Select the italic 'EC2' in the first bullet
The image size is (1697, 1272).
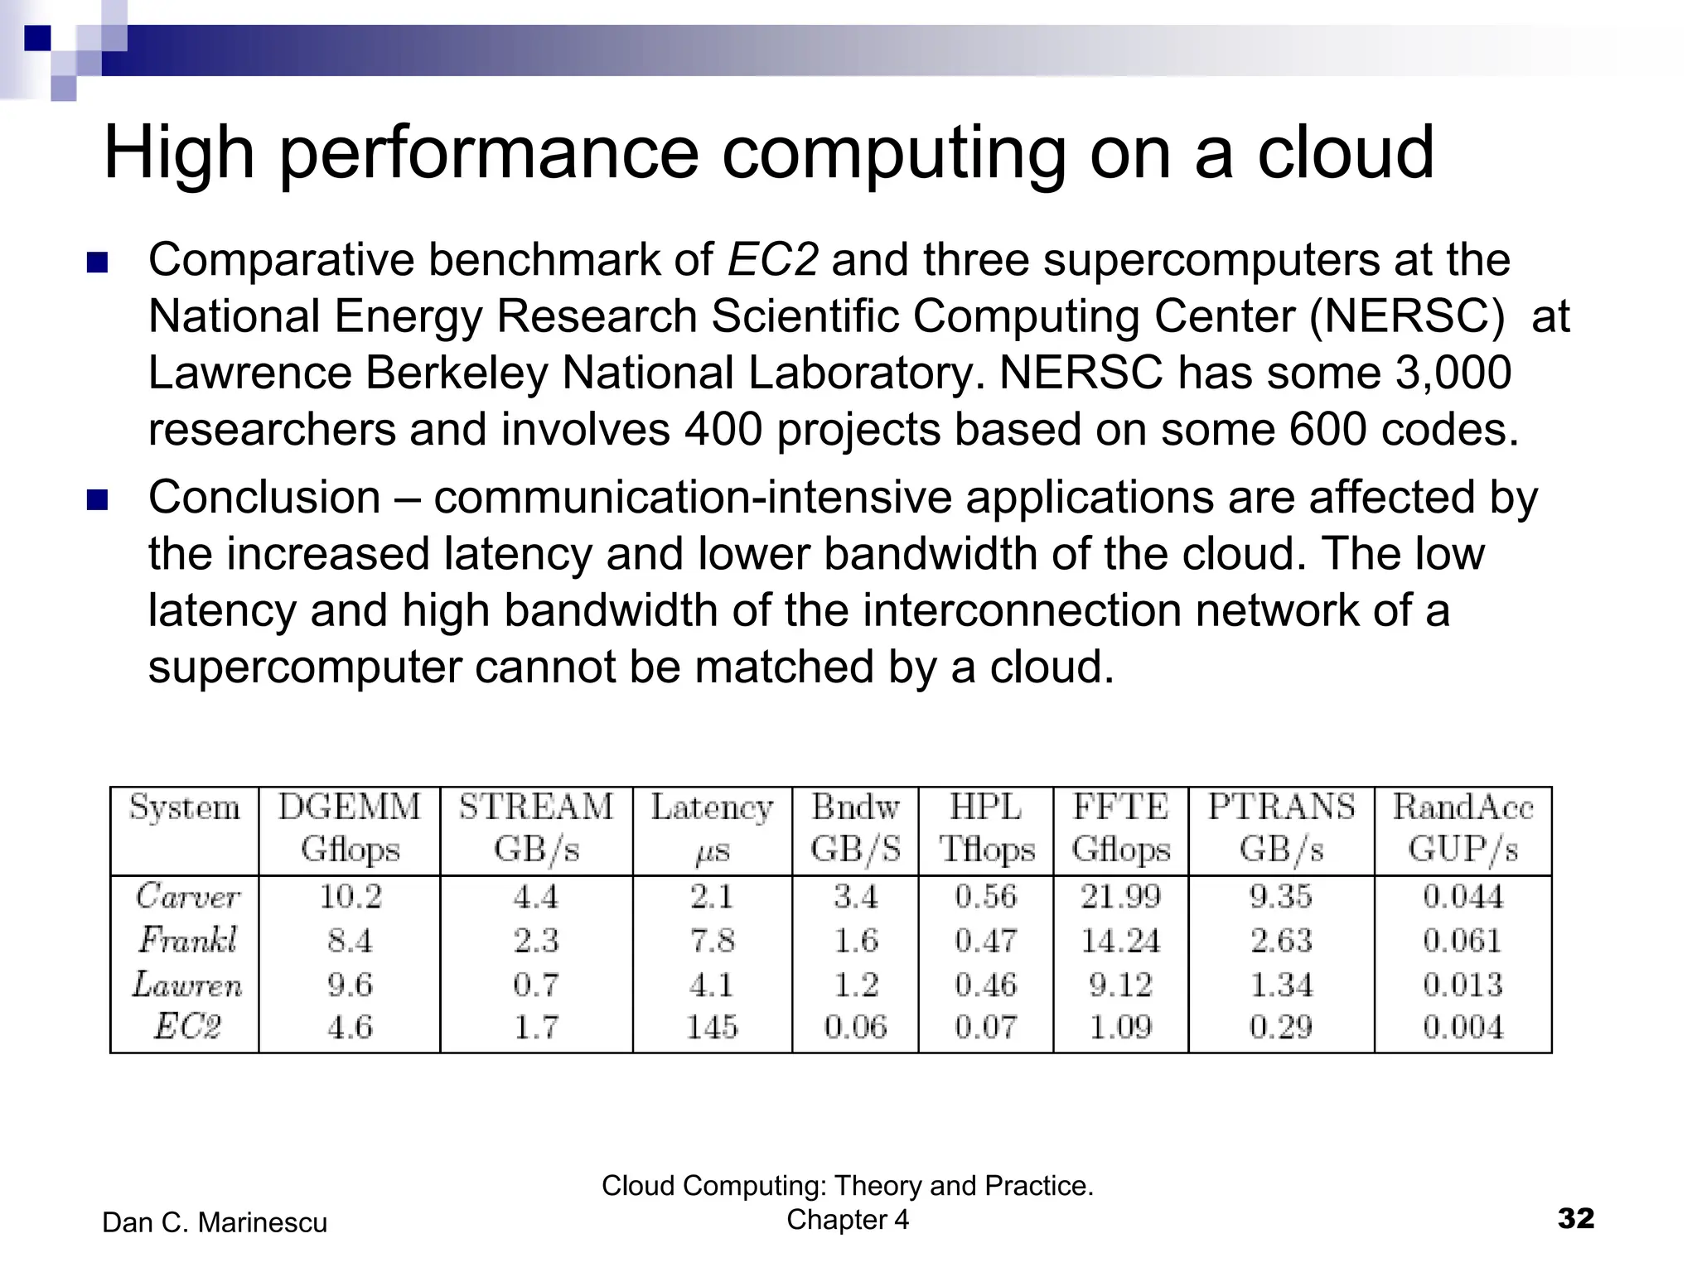pos(772,260)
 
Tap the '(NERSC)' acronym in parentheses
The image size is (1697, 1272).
pos(1407,316)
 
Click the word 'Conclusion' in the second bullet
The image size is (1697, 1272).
pos(264,498)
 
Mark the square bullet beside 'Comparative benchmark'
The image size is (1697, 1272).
pos(98,263)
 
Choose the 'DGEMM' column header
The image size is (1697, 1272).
pos(349,807)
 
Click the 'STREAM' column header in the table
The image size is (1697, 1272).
pos(536,807)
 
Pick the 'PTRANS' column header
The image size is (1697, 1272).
pos(1281,807)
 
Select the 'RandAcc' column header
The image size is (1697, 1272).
pos(1463,807)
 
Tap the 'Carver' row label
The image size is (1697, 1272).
pos(188,897)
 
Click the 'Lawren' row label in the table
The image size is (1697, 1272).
pos(187,985)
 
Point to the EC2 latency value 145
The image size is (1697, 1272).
pos(712,1028)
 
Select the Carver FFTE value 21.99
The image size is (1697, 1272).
pos(1120,897)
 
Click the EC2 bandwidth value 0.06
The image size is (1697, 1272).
pos(855,1028)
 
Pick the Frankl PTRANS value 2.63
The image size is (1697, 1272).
pos(1281,941)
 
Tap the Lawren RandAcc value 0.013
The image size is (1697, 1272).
pos(1463,985)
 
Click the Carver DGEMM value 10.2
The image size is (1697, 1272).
pos(351,897)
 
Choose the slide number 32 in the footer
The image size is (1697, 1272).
pos(1575,1218)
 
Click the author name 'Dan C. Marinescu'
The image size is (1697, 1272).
pos(215,1222)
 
